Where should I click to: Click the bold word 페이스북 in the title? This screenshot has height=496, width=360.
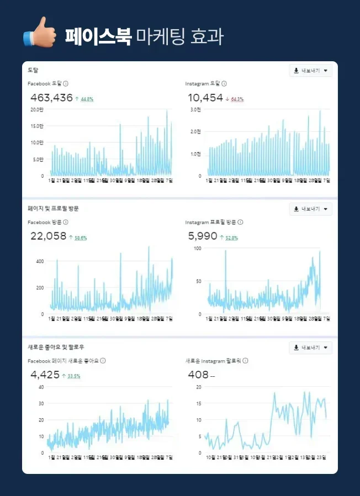coord(98,36)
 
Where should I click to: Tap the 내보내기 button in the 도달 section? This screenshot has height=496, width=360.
coord(310,71)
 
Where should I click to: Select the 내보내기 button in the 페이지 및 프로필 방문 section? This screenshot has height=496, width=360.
coord(310,209)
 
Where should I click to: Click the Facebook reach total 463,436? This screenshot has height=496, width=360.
coord(51,98)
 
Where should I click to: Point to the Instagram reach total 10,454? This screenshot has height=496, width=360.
coord(205,98)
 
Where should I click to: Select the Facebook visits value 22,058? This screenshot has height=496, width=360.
coord(48,236)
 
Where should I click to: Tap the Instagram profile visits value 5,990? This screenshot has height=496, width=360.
coord(203,236)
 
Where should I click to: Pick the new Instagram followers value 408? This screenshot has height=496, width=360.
coord(198,375)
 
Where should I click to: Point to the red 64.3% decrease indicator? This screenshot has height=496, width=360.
coord(237,99)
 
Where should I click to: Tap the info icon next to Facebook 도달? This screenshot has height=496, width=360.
coord(66,84)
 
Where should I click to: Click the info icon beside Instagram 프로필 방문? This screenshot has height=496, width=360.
coord(240,222)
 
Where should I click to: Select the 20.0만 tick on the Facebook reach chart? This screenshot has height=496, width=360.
coord(37,109)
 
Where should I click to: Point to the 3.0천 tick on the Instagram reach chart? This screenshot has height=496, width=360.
coord(197,109)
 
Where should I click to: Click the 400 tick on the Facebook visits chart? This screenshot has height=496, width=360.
coord(39,261)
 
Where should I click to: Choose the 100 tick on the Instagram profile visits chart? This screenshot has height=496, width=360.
coord(197,248)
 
